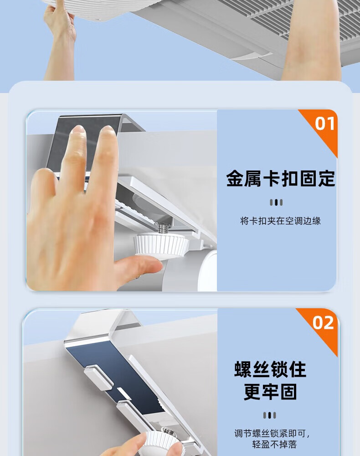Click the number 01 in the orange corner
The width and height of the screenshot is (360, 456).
tap(325, 123)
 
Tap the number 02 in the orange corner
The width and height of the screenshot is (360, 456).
tap(323, 323)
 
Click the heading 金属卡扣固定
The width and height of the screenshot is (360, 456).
tap(281, 178)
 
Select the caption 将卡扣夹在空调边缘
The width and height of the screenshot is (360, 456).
tap(280, 221)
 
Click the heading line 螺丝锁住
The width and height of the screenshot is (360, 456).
tap(270, 369)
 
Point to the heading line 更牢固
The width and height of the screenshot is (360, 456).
tap(270, 392)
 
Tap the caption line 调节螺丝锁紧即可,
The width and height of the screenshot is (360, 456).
tap(272, 434)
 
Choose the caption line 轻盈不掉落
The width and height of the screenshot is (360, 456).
tap(274, 445)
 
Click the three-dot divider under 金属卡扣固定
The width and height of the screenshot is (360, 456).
tap(276, 202)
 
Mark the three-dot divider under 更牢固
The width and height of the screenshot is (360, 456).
tap(270, 415)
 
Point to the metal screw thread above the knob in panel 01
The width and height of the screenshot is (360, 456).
tap(161, 228)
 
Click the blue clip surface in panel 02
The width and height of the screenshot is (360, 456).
tap(116, 375)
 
